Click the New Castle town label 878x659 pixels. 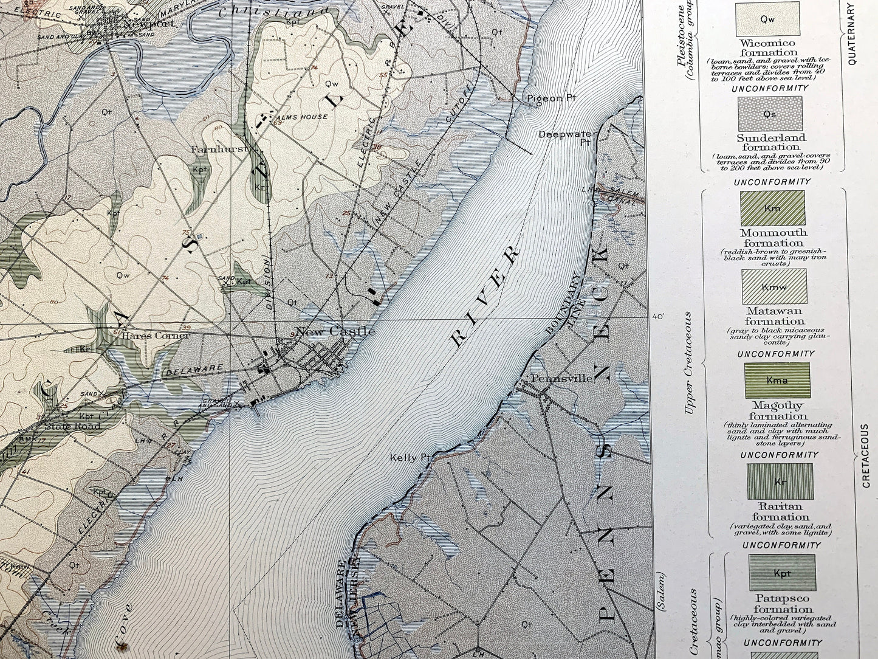tap(335, 331)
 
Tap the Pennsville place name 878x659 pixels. tap(562, 378)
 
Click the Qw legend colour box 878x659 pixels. tap(767, 19)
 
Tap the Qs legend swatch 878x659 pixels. tap(769, 114)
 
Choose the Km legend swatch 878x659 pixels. tap(772, 208)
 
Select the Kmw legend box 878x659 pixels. tap(774, 286)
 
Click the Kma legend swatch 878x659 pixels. tap(777, 381)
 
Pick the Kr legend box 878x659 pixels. tap(780, 481)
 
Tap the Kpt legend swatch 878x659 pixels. tap(782, 573)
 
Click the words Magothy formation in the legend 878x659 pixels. tap(778, 411)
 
